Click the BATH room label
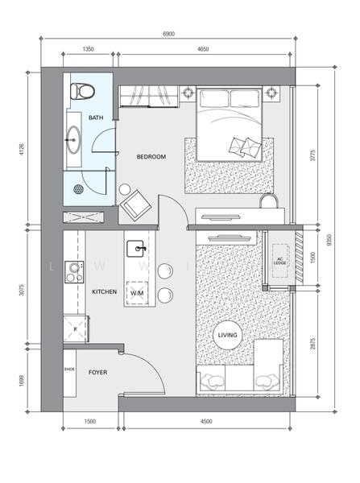tap(97, 118)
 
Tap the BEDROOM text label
tap(151, 157)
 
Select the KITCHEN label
tap(106, 291)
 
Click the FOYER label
tap(98, 373)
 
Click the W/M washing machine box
tap(137, 294)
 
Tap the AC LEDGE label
tap(279, 259)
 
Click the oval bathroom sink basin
tap(75, 139)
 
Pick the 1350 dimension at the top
tap(89, 50)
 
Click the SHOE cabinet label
tap(69, 369)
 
